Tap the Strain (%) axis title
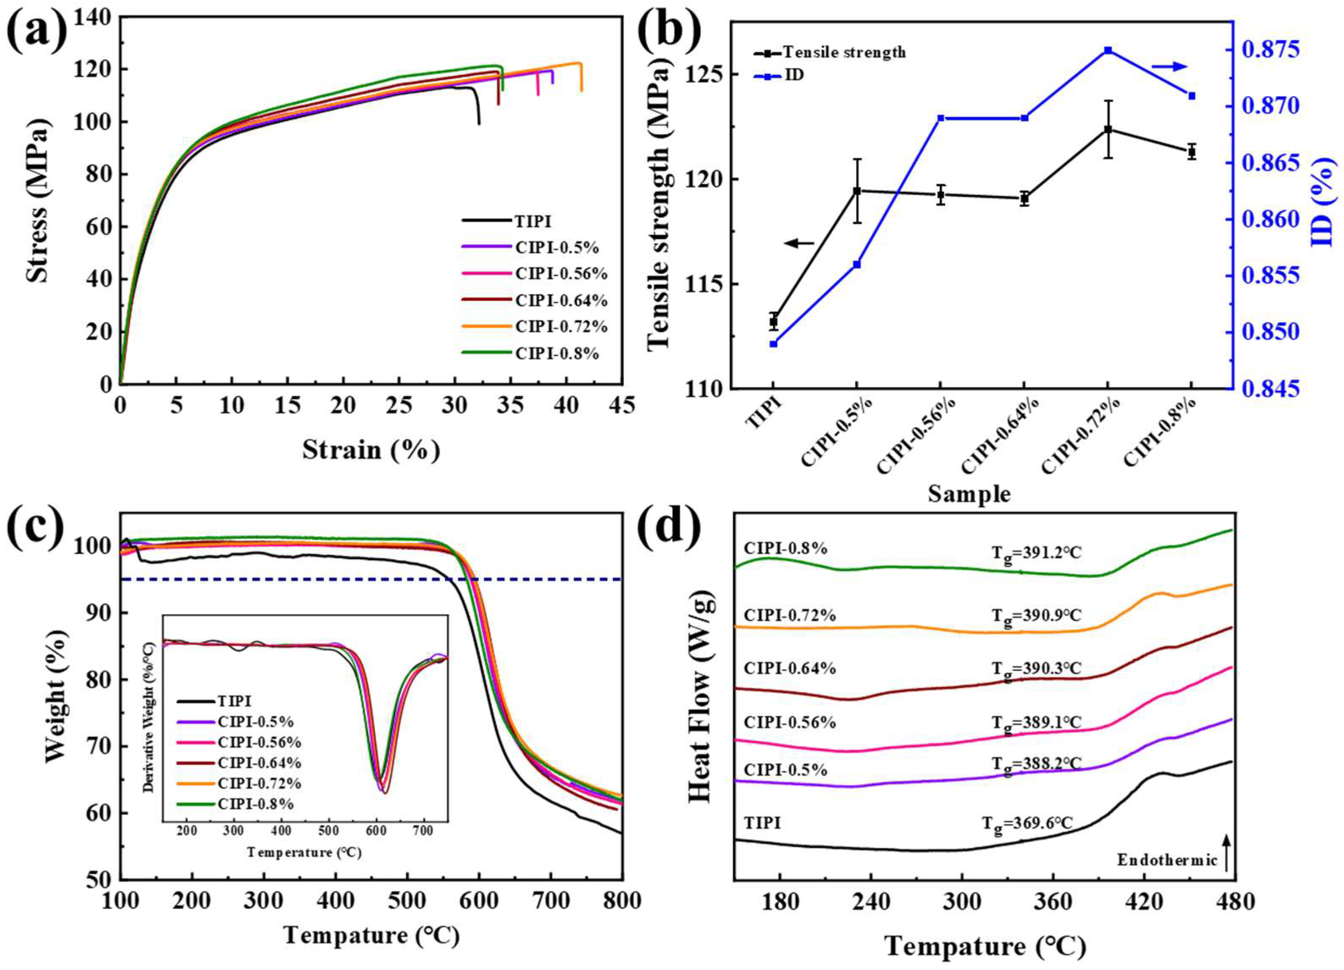pos(371,450)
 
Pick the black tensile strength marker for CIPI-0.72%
pos(1108,129)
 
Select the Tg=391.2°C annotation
pos(1036,554)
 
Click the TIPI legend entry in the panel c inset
pos(235,701)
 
